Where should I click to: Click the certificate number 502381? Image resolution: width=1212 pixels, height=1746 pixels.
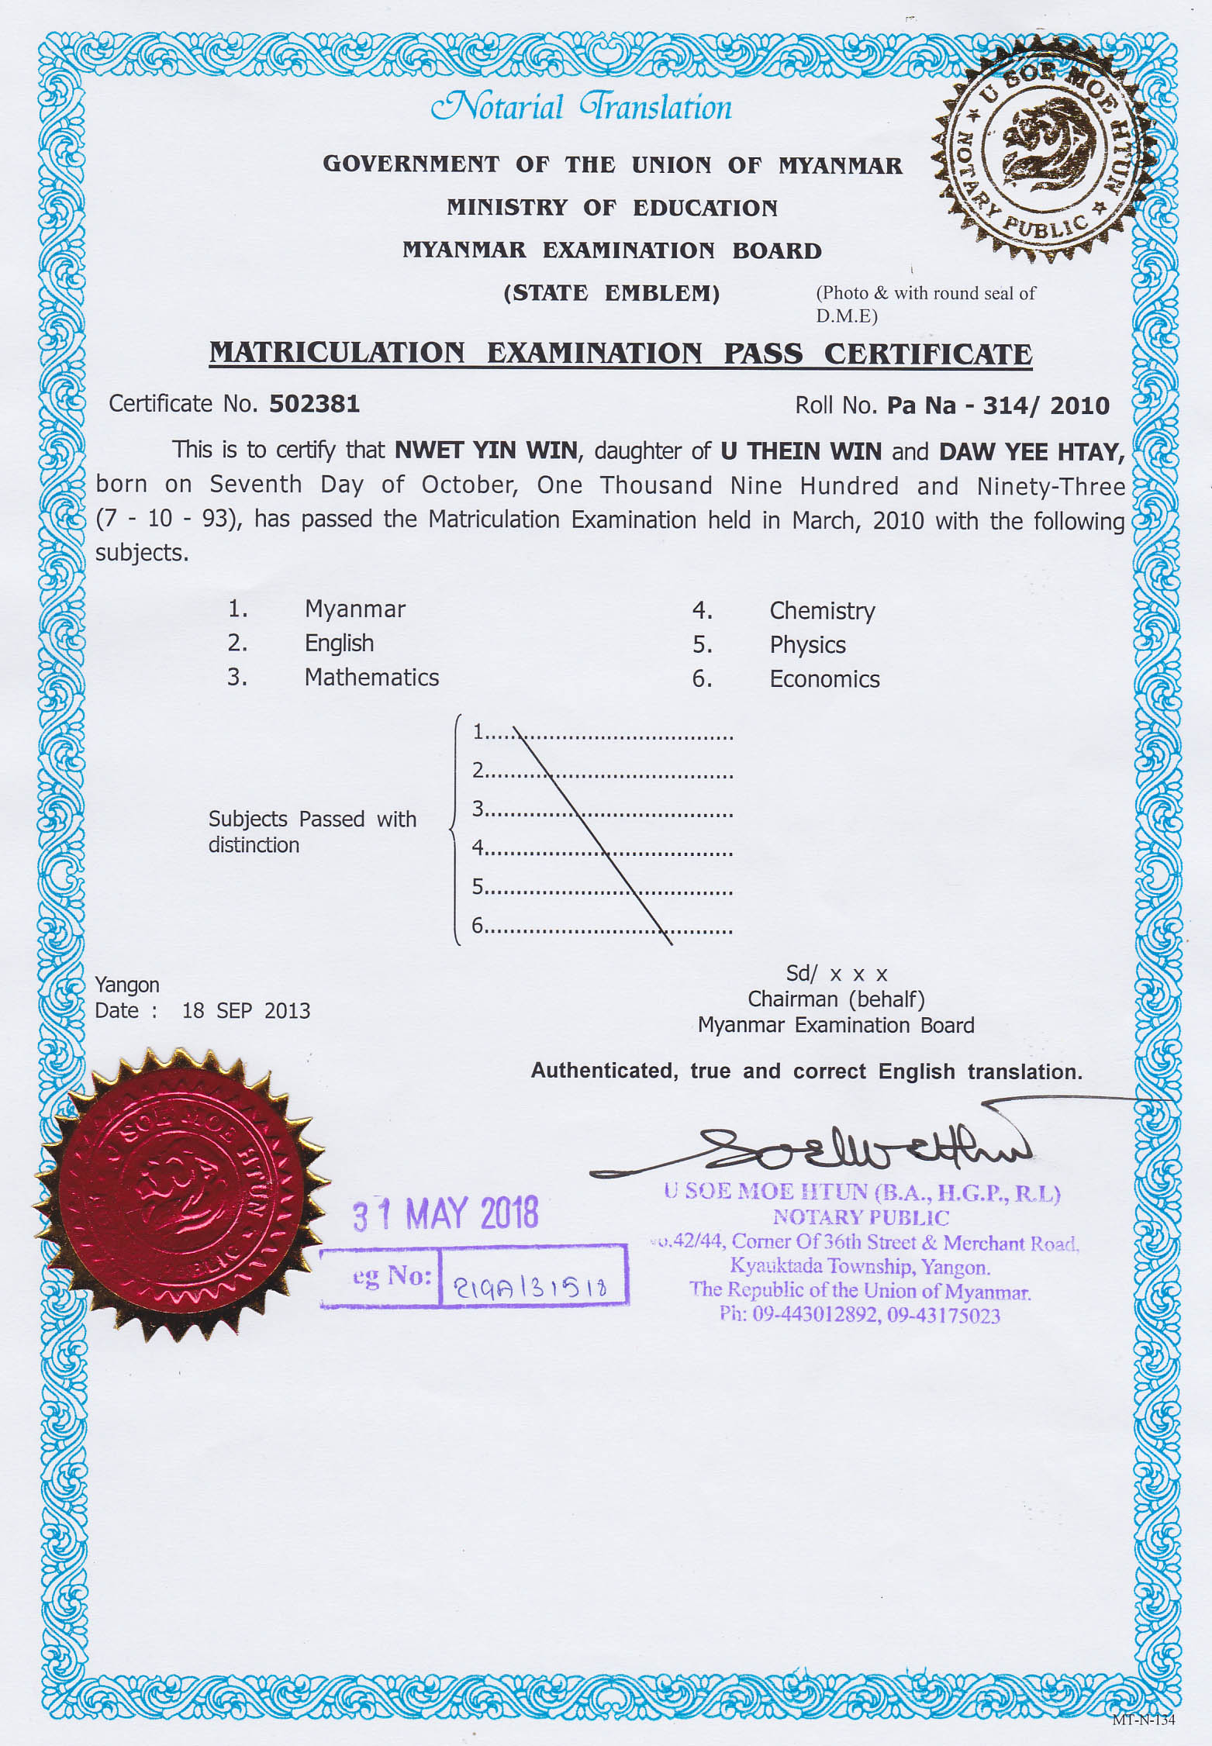coord(314,404)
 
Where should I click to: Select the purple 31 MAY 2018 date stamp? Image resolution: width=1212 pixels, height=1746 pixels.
coord(445,1213)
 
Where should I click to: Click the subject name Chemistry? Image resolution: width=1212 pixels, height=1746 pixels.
coord(822,611)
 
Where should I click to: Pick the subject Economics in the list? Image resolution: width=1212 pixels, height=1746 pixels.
coord(824,679)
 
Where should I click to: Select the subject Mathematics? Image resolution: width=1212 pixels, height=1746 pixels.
coord(371,677)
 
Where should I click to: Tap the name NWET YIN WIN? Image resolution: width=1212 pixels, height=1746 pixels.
coord(486,450)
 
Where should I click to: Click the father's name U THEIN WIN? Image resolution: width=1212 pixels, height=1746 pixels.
coord(801,451)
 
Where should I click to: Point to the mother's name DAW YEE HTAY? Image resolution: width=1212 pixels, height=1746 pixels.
coord(1031,452)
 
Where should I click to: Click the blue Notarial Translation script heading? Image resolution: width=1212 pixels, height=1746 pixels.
coord(582,107)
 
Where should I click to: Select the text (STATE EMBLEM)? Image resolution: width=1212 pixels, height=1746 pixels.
coord(612,293)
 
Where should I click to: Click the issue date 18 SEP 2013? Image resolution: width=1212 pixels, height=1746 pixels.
coord(246,1011)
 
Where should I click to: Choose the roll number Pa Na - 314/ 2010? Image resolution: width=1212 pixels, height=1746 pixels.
coord(998,405)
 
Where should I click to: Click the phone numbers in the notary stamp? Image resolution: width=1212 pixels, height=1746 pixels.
coord(860,1315)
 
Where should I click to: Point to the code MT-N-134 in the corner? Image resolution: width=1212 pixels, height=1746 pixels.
coord(1143,1720)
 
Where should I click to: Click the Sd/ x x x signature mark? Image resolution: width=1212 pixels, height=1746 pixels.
coord(836,974)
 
